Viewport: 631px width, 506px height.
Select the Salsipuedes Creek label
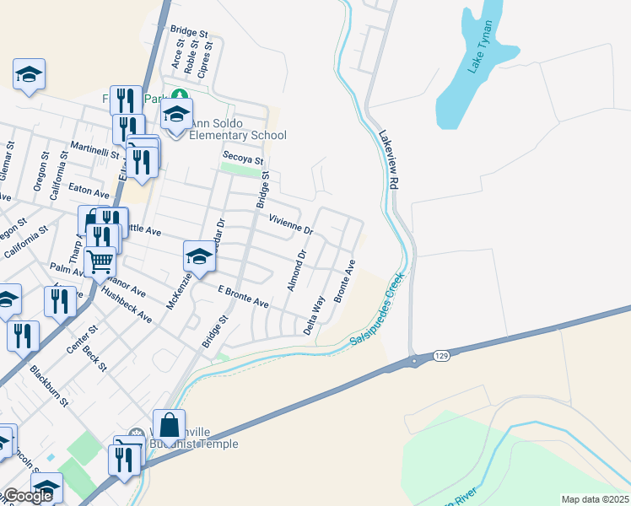coord(378,310)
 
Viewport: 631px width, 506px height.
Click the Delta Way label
coord(314,315)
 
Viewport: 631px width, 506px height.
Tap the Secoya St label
coord(243,158)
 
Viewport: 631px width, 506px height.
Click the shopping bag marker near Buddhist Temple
coord(169,424)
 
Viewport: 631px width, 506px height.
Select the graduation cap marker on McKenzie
coord(200,256)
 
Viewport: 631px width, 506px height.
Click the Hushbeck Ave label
coord(126,306)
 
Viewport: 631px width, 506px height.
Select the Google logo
coord(27,496)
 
